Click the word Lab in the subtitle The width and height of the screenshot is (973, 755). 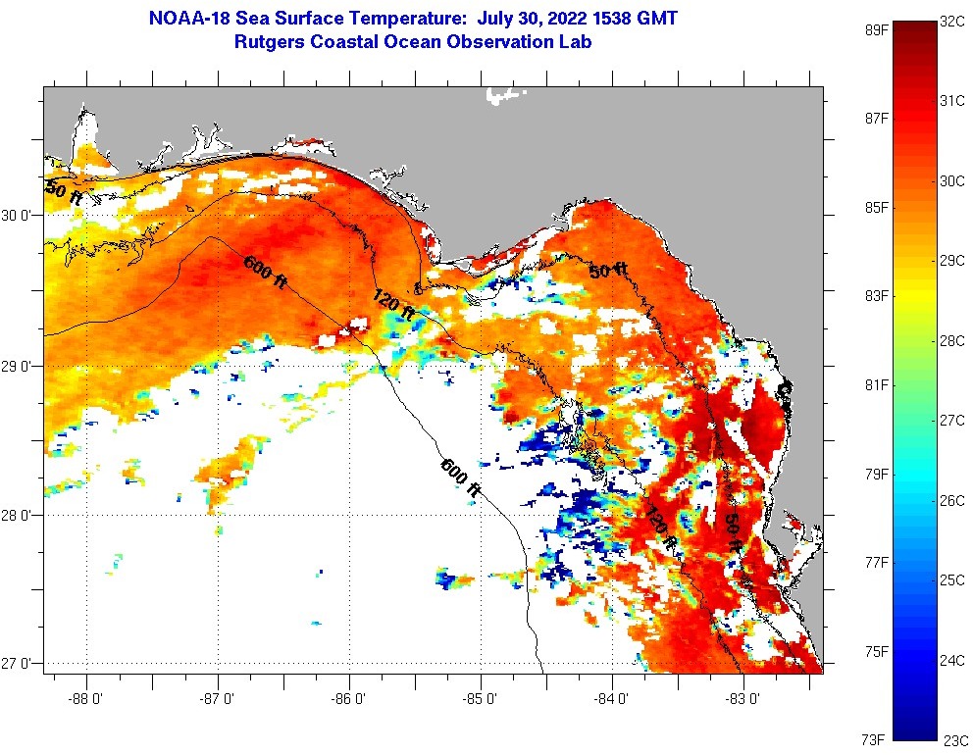point(577,42)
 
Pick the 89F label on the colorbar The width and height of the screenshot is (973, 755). point(875,29)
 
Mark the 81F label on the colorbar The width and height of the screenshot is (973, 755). point(875,384)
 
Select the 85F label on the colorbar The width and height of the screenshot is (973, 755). point(875,207)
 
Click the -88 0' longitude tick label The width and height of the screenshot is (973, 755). point(86,699)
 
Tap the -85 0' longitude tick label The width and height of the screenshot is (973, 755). point(482,699)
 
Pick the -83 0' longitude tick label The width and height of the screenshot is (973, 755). point(744,699)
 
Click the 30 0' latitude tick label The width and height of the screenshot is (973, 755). point(19,215)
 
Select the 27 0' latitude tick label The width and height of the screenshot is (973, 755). point(19,664)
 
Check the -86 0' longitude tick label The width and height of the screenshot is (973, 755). point(350,699)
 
